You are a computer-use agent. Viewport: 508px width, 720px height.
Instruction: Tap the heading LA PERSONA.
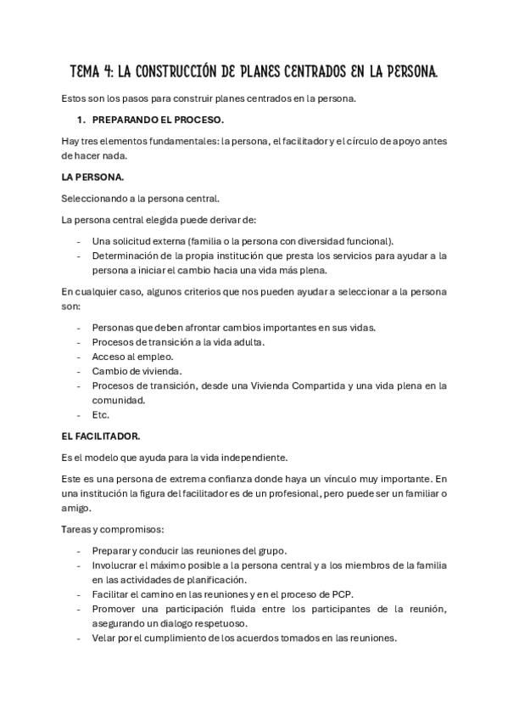click(x=92, y=177)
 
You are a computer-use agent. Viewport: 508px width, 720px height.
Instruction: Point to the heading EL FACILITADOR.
click(x=101, y=435)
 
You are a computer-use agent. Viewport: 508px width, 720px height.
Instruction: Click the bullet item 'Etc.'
click(x=101, y=415)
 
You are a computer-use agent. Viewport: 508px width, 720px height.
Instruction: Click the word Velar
click(x=106, y=638)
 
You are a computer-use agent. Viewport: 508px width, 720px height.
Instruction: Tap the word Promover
click(x=117, y=610)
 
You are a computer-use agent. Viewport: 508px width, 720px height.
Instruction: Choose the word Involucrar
click(x=120, y=565)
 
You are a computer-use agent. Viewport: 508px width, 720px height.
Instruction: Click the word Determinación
click(x=130, y=256)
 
